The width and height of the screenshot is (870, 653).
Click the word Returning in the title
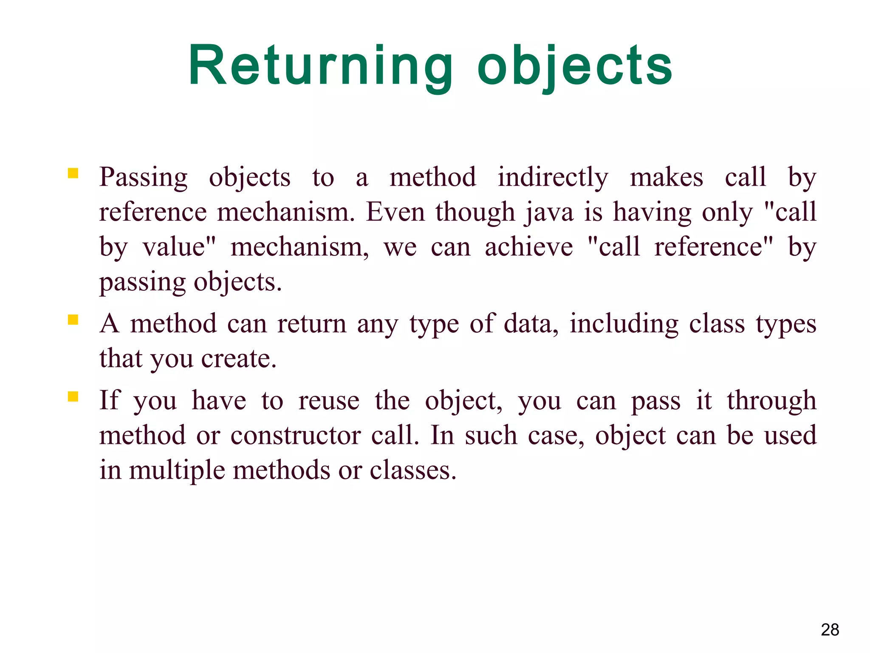tap(320, 66)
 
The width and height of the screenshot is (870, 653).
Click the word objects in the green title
tap(574, 66)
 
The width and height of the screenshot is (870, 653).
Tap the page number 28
tap(830, 630)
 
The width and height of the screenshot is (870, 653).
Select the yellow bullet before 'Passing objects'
tap(73, 173)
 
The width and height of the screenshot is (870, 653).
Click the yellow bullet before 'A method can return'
tap(73, 319)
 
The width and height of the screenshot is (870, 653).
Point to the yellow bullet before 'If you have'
tap(73, 397)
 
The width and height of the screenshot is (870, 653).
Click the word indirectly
tap(553, 177)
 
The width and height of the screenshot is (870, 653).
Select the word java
tap(550, 212)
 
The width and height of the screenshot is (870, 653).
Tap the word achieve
tap(528, 247)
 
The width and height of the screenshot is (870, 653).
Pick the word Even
tap(395, 212)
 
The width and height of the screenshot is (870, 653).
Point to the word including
tap(624, 324)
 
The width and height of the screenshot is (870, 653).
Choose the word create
tap(239, 359)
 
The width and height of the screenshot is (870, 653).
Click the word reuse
tap(329, 401)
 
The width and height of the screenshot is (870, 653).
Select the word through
tap(771, 401)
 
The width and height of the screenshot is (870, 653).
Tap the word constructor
tap(296, 436)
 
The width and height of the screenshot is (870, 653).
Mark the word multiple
tap(177, 471)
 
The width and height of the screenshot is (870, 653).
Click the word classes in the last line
tap(412, 471)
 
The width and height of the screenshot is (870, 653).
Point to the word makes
tap(666, 177)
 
